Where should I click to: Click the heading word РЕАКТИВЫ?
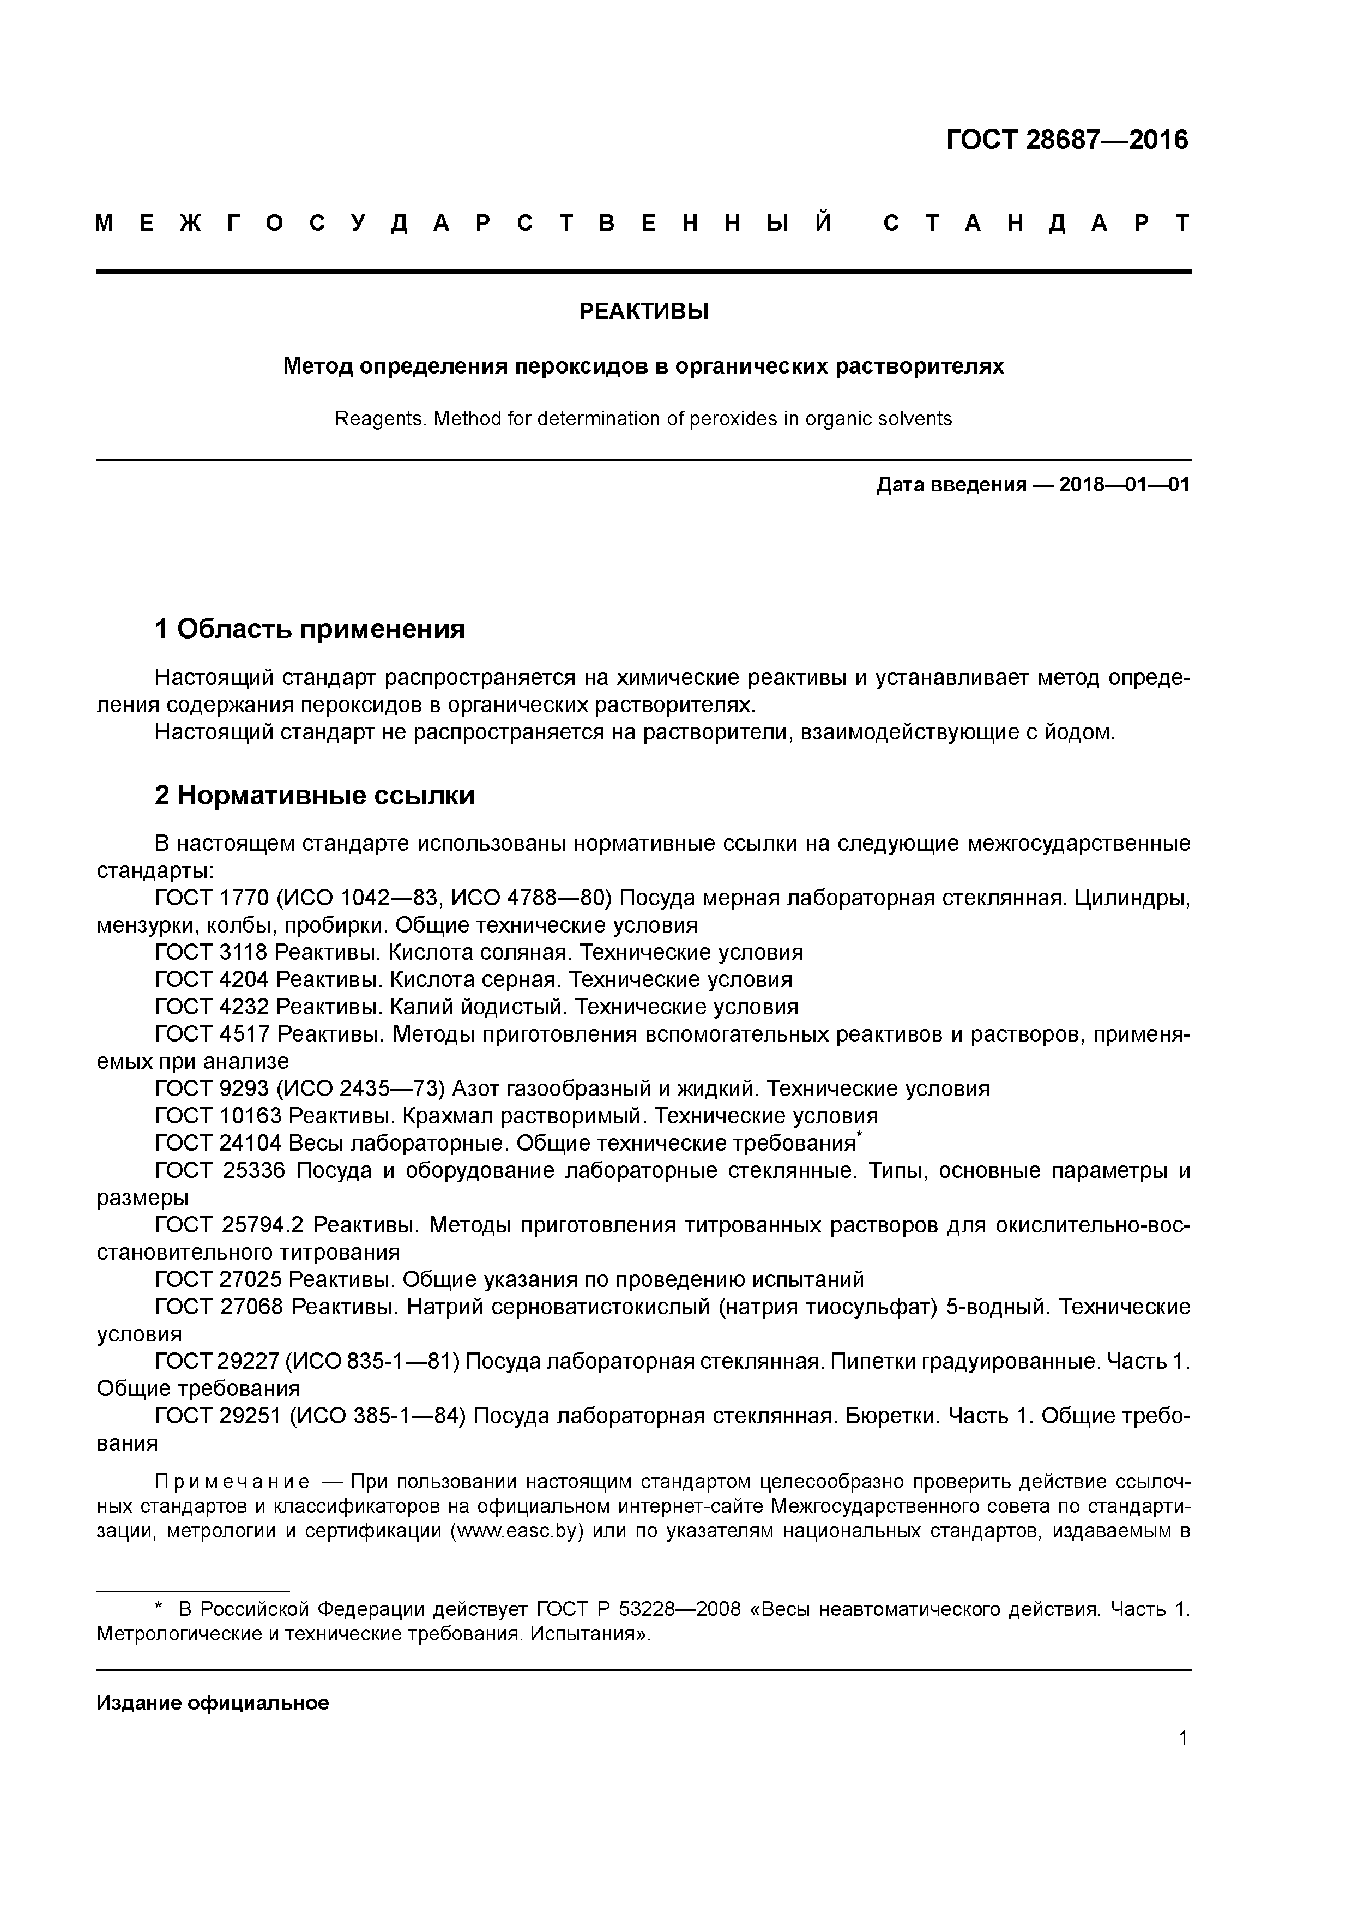click(x=643, y=311)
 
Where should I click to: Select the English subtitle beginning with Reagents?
click(x=643, y=418)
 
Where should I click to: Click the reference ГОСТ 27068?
click(x=220, y=1307)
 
